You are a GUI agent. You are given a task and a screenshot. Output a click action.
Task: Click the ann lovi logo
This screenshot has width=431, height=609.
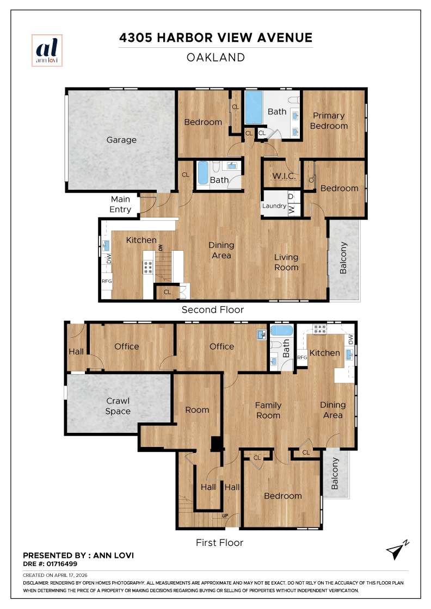(47, 51)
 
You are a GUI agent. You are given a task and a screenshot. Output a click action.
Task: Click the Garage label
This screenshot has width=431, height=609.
(121, 140)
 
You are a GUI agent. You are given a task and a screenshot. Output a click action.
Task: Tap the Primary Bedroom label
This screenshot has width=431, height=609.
(329, 121)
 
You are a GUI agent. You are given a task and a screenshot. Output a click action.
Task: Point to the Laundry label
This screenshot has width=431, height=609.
(274, 206)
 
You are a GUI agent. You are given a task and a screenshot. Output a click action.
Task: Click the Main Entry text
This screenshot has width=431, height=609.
(121, 204)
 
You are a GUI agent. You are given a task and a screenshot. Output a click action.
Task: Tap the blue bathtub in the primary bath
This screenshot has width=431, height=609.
(253, 108)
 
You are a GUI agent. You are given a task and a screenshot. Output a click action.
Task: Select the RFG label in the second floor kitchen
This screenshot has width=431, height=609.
(107, 282)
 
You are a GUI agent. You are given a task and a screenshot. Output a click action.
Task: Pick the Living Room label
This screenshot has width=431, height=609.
(286, 262)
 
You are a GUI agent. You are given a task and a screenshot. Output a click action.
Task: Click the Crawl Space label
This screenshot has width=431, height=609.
(118, 406)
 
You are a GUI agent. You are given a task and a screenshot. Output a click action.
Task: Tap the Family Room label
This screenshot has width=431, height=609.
(268, 410)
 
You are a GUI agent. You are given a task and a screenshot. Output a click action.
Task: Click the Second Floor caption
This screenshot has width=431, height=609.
(213, 309)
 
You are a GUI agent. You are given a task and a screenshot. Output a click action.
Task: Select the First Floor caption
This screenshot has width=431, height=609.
(219, 542)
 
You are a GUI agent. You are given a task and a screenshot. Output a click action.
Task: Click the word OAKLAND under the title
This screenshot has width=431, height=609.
(215, 57)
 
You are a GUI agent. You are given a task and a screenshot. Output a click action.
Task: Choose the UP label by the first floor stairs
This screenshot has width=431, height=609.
(225, 515)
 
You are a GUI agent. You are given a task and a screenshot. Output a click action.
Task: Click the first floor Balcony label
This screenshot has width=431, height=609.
(335, 473)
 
